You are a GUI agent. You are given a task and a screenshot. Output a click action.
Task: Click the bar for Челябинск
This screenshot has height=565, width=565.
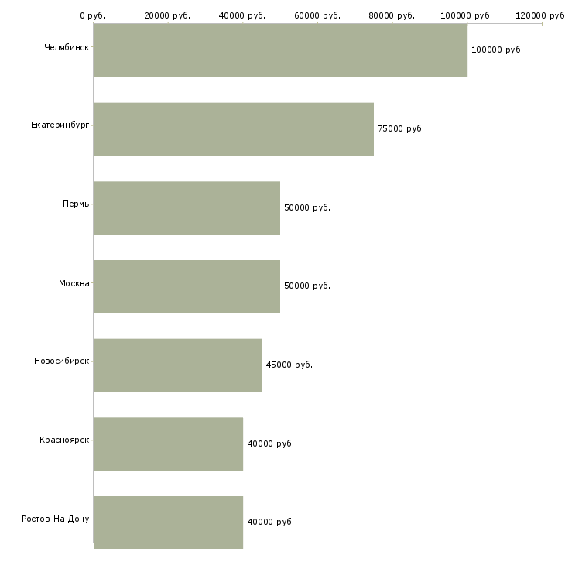tap(280, 50)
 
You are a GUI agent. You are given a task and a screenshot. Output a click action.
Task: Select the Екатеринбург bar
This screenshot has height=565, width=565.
tap(234, 129)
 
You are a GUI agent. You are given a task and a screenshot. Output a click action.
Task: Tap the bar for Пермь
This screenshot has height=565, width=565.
tap(187, 208)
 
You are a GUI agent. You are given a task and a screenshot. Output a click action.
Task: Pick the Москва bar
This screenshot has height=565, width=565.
tap(187, 286)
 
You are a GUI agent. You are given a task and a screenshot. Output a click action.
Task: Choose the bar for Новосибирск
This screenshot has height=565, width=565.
tap(177, 365)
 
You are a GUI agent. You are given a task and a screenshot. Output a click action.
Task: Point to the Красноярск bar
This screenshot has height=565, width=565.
tap(168, 444)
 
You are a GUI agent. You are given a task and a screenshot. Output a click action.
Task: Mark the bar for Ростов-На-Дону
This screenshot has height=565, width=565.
tap(168, 522)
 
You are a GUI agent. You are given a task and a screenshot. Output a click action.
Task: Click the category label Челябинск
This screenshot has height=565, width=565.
tap(67, 47)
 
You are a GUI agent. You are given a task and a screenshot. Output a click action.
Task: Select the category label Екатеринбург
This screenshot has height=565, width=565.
tap(60, 125)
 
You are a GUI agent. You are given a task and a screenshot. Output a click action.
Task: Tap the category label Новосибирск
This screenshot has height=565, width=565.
tap(62, 361)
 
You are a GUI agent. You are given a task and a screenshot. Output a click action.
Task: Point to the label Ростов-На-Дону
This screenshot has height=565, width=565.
tap(56, 519)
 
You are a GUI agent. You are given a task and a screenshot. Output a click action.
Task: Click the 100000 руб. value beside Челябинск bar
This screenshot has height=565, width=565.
tap(497, 50)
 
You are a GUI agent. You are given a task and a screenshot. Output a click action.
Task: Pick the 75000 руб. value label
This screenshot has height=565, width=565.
tap(401, 128)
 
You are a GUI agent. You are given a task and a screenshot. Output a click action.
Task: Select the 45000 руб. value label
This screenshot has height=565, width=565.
tap(289, 365)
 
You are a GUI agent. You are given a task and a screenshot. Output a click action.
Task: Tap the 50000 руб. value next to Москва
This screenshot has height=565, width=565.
tap(307, 286)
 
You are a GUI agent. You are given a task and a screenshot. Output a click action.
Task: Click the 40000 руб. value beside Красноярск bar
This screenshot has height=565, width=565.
tap(271, 443)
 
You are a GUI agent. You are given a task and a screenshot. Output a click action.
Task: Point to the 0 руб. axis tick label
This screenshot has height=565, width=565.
tap(93, 15)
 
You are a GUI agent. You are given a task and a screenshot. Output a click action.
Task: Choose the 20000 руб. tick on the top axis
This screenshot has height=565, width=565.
tap(167, 15)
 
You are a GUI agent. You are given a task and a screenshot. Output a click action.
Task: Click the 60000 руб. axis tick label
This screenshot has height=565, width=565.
tap(317, 15)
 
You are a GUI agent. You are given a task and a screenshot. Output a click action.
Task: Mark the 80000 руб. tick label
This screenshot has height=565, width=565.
tap(392, 15)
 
